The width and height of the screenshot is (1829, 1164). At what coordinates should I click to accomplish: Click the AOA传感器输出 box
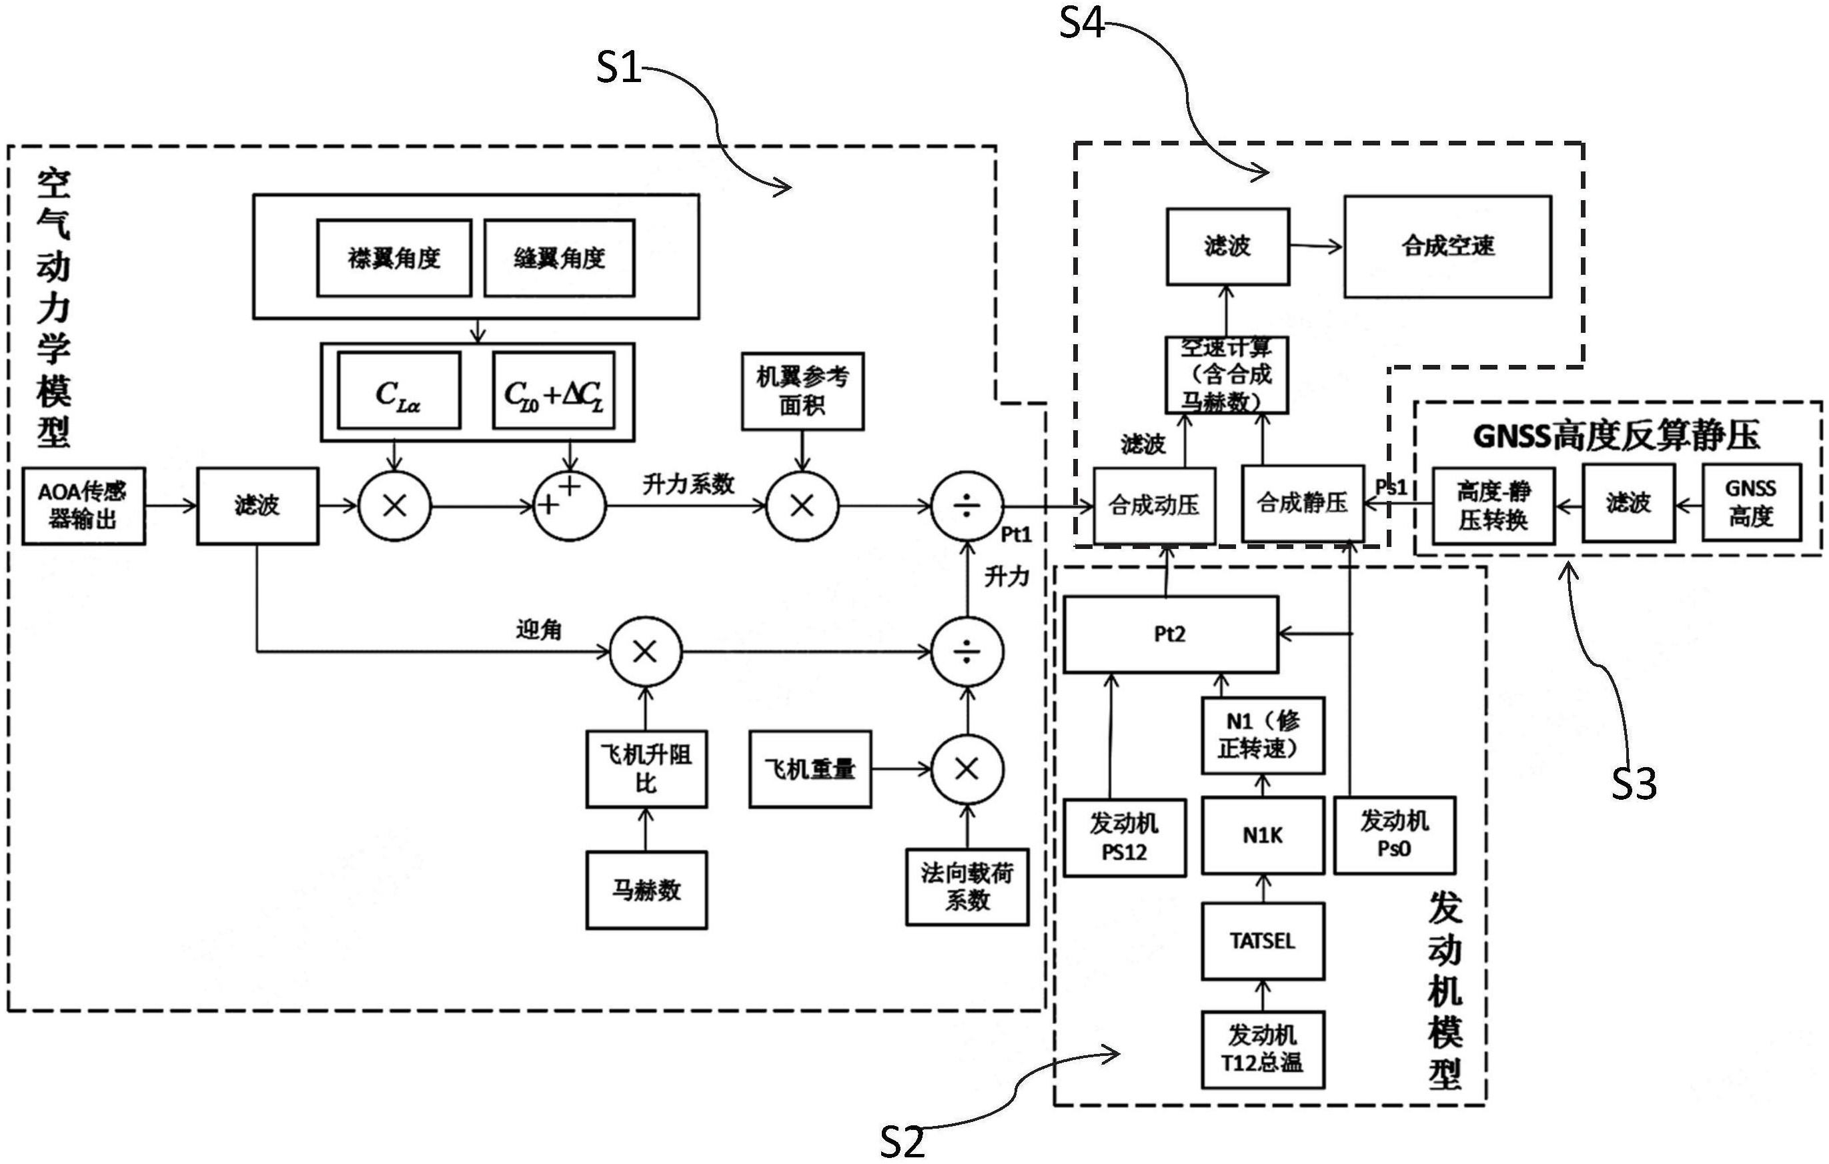point(83,506)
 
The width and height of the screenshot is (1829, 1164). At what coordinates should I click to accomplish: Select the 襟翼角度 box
point(394,258)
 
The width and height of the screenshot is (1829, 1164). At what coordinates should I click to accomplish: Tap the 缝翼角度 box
point(559,258)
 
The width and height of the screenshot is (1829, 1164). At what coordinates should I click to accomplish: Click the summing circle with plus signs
point(570,505)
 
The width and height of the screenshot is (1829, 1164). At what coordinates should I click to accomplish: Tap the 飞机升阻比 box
point(646,769)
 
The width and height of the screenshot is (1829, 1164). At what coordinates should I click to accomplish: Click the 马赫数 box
point(646,890)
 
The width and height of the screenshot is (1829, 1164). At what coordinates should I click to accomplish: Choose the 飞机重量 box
point(810,769)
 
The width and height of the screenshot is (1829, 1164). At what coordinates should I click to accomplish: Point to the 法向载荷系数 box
point(967,887)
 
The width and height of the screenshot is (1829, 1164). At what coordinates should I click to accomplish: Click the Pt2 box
point(1171,634)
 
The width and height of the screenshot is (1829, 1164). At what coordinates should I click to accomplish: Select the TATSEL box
point(1263,941)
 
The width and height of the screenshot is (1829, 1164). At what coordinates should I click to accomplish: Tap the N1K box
point(1263,836)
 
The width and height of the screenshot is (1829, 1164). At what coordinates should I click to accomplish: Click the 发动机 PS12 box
point(1124,838)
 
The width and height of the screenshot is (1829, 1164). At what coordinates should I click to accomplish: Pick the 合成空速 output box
point(1447,246)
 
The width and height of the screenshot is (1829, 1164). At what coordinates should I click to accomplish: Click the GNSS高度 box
point(1751,503)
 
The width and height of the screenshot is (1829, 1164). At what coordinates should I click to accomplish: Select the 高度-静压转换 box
point(1493,505)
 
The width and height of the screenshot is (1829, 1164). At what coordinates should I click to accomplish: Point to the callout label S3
point(1633,782)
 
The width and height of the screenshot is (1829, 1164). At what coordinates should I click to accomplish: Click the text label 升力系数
point(688,484)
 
